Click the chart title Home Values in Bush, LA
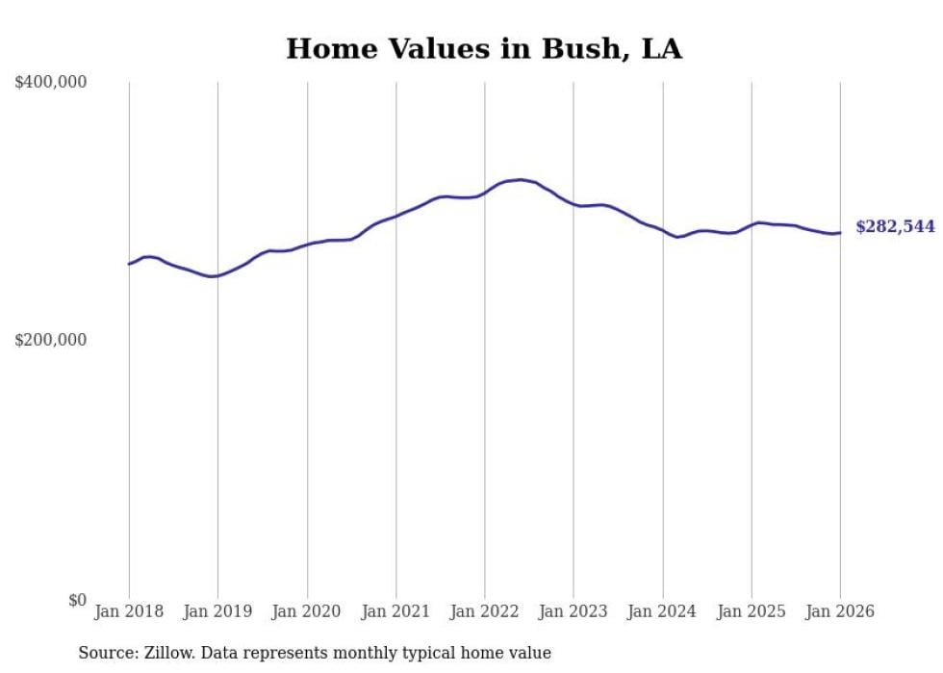484,49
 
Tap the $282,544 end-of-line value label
895,227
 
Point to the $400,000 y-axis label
51,83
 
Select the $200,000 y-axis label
51,340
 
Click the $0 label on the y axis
77,600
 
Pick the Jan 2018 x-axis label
129,611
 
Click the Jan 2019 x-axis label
217,611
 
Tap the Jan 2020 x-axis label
307,611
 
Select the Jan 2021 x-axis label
395,611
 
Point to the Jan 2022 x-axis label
485,611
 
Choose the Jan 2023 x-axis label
573,611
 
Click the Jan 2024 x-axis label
662,611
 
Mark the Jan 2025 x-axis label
752,611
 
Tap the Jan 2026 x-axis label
840,611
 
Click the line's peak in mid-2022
521,179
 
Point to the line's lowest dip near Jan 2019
213,276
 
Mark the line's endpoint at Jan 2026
840,232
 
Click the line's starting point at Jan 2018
129,264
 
